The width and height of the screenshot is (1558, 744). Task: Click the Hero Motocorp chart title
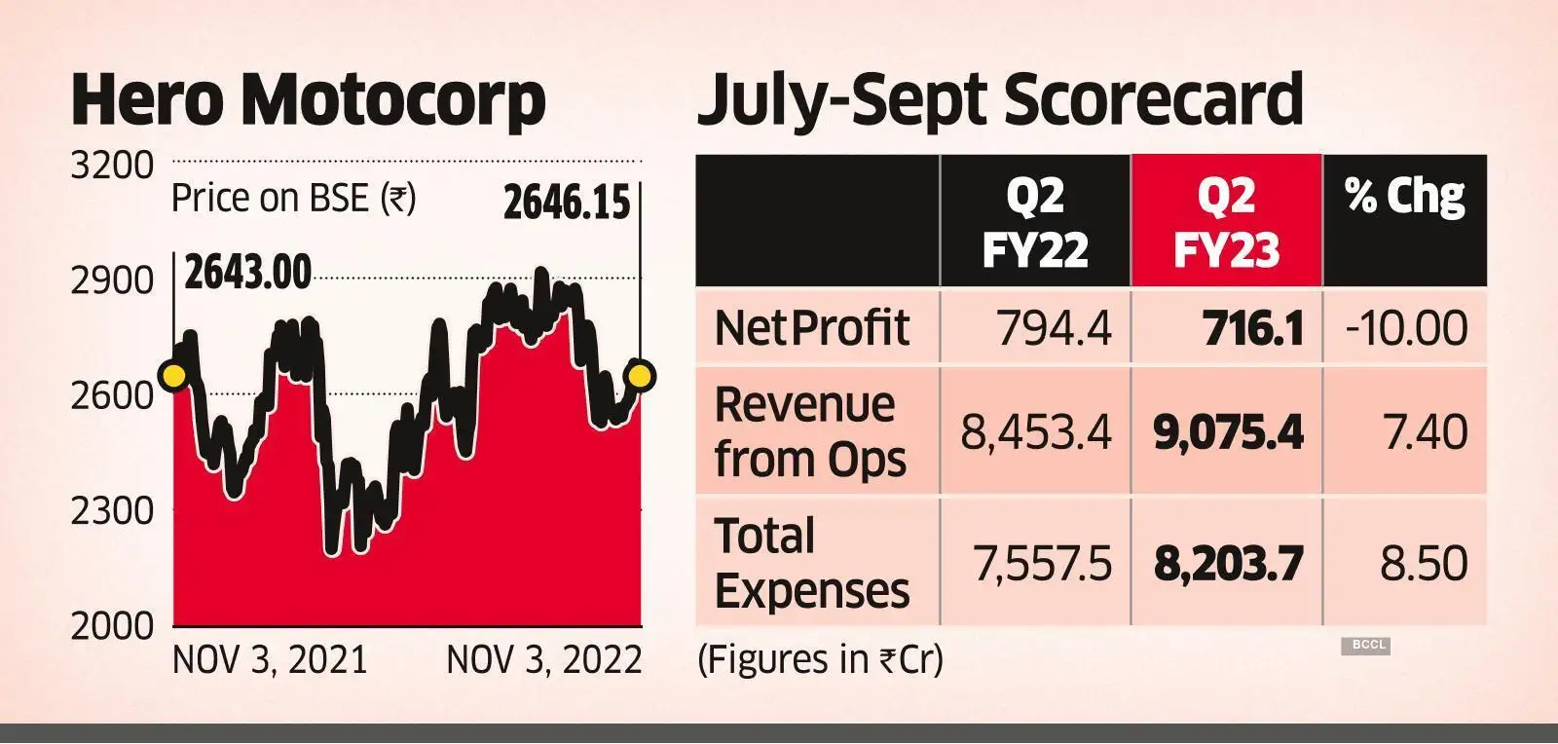[x=308, y=100]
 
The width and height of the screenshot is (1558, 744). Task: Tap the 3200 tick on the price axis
[x=112, y=166]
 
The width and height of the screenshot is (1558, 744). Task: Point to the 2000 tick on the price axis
[x=112, y=625]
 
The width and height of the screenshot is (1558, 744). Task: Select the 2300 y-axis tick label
[x=112, y=510]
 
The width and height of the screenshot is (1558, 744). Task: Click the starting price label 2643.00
[x=248, y=272]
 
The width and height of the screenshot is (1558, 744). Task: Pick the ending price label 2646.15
[x=567, y=203]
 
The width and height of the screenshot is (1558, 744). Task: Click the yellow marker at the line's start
[x=174, y=377]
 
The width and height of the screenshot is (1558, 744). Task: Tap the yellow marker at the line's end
[x=640, y=375]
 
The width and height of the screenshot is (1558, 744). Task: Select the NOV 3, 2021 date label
[x=270, y=660]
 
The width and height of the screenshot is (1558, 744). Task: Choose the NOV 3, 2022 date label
[x=544, y=660]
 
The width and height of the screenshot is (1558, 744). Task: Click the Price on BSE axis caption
[x=293, y=199]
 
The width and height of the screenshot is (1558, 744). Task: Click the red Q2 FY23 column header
[x=1226, y=222]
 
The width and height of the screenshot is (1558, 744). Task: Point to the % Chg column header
[x=1404, y=198]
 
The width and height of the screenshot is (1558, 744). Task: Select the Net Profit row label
[x=811, y=328]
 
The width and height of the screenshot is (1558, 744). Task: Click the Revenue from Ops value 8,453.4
[x=1036, y=431]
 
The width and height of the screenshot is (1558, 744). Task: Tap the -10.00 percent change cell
[x=1406, y=328]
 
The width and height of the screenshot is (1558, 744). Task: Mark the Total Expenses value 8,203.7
[x=1228, y=564]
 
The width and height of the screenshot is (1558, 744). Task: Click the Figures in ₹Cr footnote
[x=820, y=660]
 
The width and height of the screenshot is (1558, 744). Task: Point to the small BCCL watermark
[x=1365, y=645]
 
